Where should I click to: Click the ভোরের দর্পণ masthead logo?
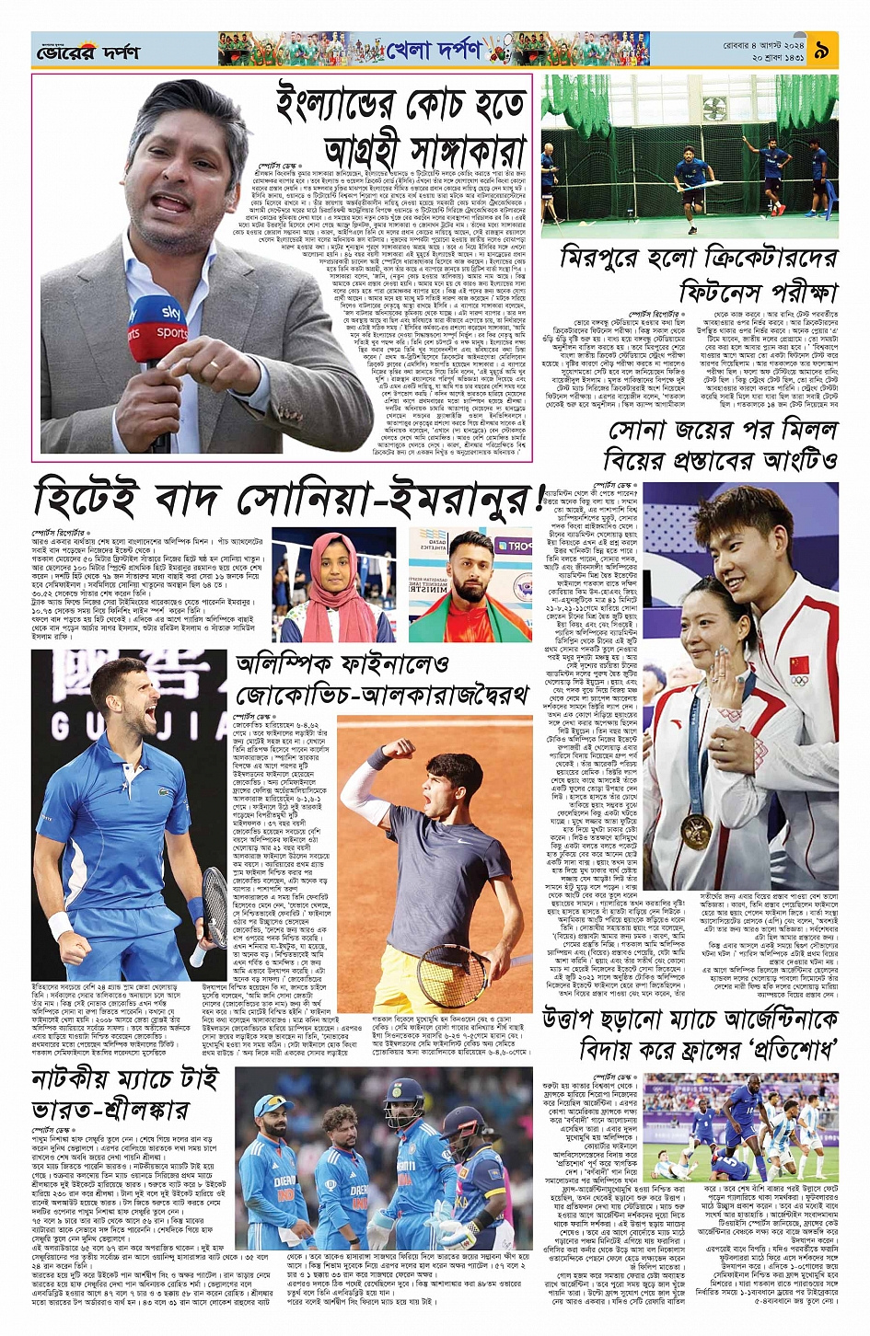point(87,52)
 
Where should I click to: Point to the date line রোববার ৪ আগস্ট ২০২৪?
point(764,43)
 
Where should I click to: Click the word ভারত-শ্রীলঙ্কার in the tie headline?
point(110,1111)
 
